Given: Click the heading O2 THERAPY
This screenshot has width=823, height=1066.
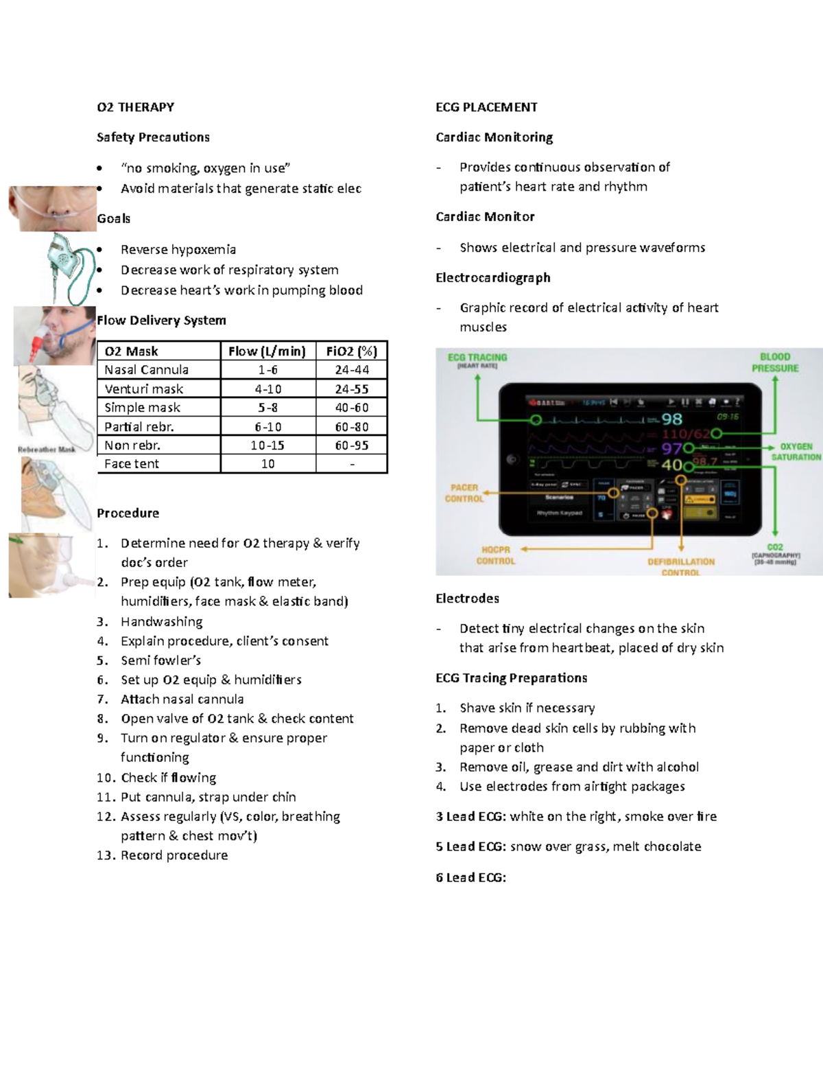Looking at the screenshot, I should click(x=135, y=107).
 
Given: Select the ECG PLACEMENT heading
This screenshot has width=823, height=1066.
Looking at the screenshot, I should click(x=486, y=107).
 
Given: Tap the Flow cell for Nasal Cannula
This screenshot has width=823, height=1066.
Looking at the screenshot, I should click(x=267, y=370).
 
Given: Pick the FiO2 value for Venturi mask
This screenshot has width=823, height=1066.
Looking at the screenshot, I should click(x=352, y=389).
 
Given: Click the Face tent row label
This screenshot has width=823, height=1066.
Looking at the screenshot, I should click(x=132, y=464).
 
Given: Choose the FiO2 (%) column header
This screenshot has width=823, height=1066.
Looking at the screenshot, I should click(x=352, y=351).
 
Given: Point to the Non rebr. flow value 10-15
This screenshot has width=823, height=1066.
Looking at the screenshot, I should click(x=267, y=445).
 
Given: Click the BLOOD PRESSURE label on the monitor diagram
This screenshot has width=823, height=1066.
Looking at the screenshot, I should click(x=775, y=362).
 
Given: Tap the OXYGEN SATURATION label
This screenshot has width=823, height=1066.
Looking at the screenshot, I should click(x=796, y=452).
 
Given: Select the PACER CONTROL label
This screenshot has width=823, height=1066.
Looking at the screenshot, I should click(x=464, y=493).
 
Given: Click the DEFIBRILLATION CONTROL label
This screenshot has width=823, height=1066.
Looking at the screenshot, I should click(x=680, y=567).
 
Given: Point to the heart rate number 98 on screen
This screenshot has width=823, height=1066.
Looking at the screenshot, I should click(x=671, y=419).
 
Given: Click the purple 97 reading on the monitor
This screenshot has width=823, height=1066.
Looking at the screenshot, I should click(x=671, y=449).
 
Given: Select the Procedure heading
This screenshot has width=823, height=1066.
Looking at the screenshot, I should click(x=128, y=513).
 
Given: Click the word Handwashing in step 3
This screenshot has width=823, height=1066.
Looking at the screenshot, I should click(x=162, y=622).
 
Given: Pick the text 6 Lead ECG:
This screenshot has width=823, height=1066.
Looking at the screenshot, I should click(x=470, y=877).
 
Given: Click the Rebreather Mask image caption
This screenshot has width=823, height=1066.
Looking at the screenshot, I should click(x=47, y=450).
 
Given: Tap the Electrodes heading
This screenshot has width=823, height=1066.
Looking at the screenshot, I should click(x=467, y=599).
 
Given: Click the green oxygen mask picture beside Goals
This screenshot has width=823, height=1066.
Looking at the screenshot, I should click(x=69, y=268).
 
